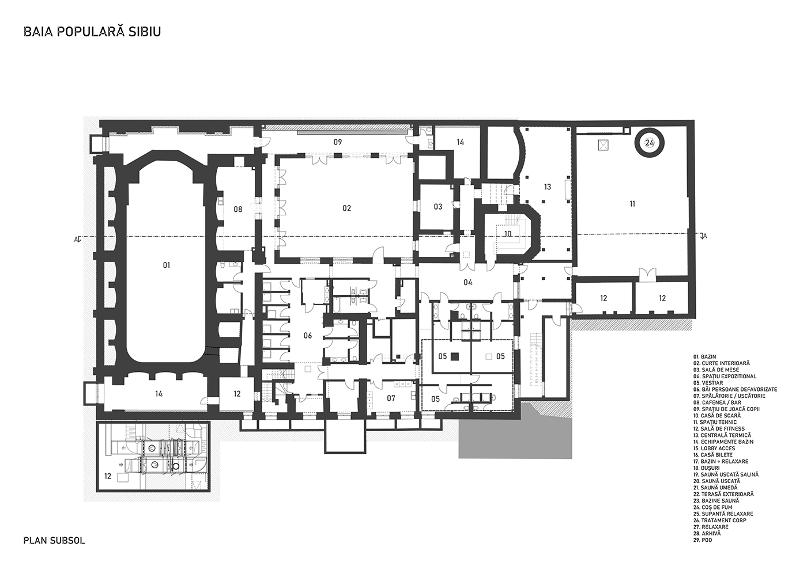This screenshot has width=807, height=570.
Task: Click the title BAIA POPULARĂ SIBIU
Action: coord(92,32)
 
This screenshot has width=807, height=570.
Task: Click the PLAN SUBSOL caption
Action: coord(54,540)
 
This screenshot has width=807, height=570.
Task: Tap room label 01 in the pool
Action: coord(167,265)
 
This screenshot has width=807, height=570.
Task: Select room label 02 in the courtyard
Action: coord(346,208)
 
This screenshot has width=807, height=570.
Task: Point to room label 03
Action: coord(438,207)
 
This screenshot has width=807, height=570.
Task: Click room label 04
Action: coord(468,283)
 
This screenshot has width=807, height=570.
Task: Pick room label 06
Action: coord(308,336)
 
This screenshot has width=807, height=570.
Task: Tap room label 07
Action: coord(391,398)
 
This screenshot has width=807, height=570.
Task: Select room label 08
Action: coord(237,209)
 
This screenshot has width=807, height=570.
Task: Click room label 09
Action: coord(338,142)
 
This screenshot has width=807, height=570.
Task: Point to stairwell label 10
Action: coord(508,234)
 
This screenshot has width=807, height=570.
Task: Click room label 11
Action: coord(632,204)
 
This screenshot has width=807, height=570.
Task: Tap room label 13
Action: coord(548,187)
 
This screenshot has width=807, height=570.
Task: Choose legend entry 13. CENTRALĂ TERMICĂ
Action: coord(721,435)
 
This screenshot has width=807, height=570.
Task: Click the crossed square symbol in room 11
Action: coord(603,145)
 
